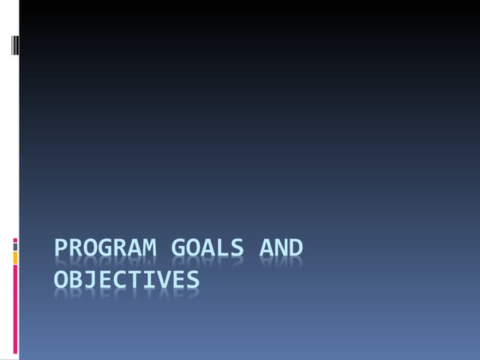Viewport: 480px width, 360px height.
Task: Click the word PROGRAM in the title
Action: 106,247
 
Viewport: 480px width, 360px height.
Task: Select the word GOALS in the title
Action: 208,247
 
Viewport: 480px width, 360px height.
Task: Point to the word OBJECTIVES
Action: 127,279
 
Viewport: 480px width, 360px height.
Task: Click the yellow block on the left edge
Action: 15,258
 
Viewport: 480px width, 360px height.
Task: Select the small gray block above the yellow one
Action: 15,247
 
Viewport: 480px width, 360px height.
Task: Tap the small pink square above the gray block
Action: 15,240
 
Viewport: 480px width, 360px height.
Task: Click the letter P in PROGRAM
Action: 61,247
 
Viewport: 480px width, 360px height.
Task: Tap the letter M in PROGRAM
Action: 149,247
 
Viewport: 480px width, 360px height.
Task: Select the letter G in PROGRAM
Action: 106,247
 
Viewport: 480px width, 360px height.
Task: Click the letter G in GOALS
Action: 178,247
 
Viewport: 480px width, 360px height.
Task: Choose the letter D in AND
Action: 295,247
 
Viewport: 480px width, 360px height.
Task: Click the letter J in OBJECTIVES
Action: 91,279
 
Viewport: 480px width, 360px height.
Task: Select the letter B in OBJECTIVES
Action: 76,279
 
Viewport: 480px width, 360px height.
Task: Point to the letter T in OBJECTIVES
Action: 134,279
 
